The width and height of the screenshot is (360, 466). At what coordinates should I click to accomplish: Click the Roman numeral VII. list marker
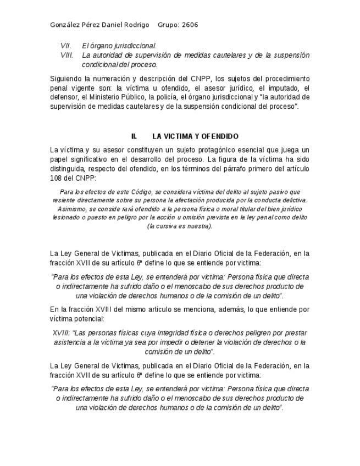click(x=65, y=46)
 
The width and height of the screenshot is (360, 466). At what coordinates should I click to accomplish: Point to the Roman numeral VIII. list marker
click(x=67, y=55)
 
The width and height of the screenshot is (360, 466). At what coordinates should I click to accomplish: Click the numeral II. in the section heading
click(x=134, y=136)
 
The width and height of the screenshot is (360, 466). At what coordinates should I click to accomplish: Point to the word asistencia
click(x=70, y=342)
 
